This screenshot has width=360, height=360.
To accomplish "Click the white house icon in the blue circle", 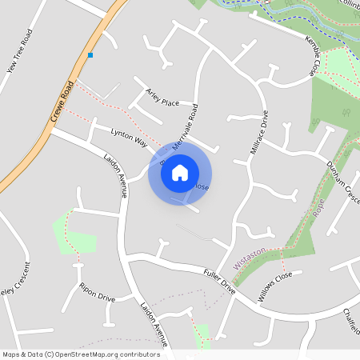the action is [180, 173].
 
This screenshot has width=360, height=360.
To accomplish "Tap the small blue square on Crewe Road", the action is [90, 55].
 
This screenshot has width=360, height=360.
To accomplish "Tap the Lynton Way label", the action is [129, 137].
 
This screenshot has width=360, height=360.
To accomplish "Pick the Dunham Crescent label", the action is [342, 181].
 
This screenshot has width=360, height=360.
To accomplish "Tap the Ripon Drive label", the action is [97, 292].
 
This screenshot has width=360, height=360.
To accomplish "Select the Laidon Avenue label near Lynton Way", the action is [116, 174].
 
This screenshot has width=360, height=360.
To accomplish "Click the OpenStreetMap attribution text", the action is [80, 354].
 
